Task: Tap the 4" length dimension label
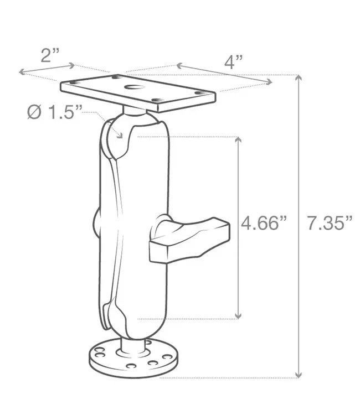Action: [x=235, y=61]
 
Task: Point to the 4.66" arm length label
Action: [x=264, y=223]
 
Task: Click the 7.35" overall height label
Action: [x=330, y=223]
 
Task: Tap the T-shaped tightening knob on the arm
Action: [x=191, y=239]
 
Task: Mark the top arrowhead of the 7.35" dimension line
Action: [x=299, y=78]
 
